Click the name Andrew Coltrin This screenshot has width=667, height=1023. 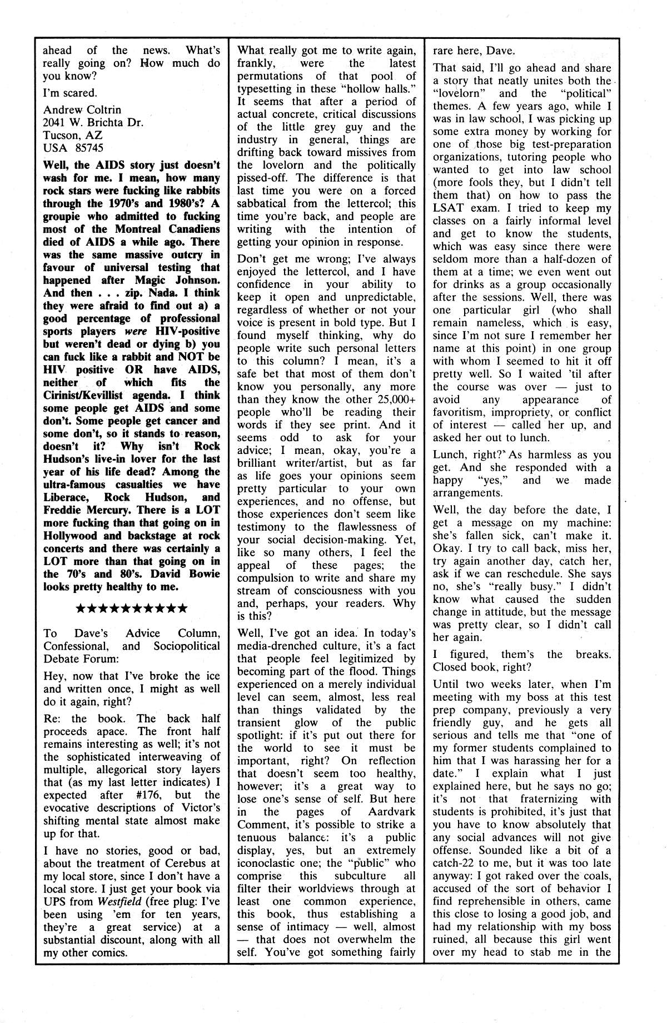[82, 109]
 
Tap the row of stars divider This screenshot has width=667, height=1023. [131, 608]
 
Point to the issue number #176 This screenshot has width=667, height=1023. [150, 795]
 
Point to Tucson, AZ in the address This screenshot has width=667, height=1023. [72, 135]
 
